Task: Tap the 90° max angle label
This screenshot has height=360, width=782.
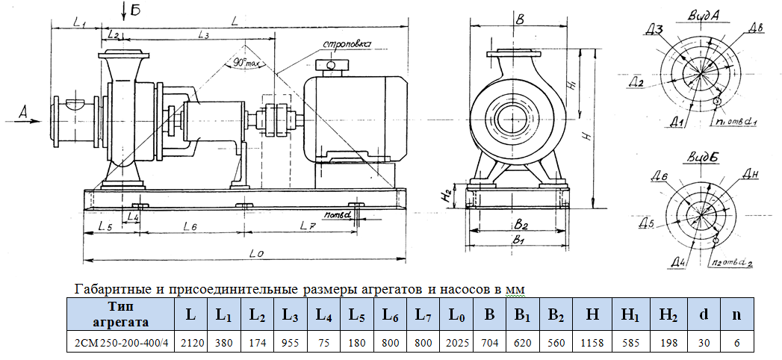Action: click(x=242, y=63)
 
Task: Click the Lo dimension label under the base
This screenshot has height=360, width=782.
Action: click(x=255, y=254)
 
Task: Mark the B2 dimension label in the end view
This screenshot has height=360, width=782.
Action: click(x=521, y=224)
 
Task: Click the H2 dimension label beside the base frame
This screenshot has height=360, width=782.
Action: click(x=446, y=196)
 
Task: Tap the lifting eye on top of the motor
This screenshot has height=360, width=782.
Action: click(x=326, y=65)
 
